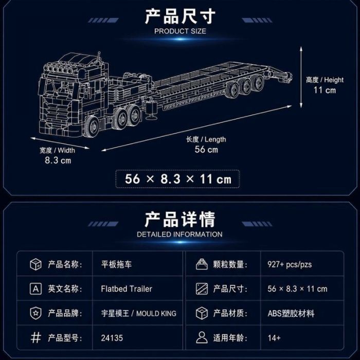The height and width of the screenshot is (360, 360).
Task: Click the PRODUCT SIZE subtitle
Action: pyautogui.click(x=180, y=31)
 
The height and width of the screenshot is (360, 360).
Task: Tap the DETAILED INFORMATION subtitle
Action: pyautogui.click(x=179, y=235)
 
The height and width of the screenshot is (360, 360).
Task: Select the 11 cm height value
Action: pyautogui.click(x=325, y=90)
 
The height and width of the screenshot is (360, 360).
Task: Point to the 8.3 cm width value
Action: pyautogui.click(x=58, y=160)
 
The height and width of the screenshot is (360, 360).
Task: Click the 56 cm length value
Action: pyautogui.click(x=206, y=150)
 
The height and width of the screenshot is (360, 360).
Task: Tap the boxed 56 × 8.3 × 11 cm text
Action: pyautogui.click(x=178, y=179)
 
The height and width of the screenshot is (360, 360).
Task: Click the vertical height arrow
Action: pyautogui.click(x=301, y=77)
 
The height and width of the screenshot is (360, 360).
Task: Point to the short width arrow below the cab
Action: pyautogui.click(x=60, y=143)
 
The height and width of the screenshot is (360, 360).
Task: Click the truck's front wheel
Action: pyautogui.click(x=92, y=127)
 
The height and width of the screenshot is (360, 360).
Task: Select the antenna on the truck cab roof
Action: pyautogui.click(x=99, y=58)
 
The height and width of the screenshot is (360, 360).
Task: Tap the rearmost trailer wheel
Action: pyautogui.click(x=259, y=82)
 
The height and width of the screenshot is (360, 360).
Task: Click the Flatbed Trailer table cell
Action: pyautogui.click(x=127, y=289)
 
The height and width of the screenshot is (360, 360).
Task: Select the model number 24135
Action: pyautogui.click(x=112, y=338)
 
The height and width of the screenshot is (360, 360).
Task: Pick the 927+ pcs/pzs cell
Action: pyautogui.click(x=290, y=264)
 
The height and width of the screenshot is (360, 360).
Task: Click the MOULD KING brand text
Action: pyautogui.click(x=156, y=313)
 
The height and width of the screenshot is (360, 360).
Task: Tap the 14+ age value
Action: pyautogui.click(x=274, y=338)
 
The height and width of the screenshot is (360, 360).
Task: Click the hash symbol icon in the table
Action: pyautogui.click(x=36, y=338)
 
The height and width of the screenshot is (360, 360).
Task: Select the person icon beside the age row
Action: pyautogui.click(x=202, y=337)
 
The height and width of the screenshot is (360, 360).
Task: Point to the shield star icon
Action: pyautogui.click(x=36, y=313)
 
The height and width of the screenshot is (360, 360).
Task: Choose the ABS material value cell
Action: pyautogui.click(x=291, y=313)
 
